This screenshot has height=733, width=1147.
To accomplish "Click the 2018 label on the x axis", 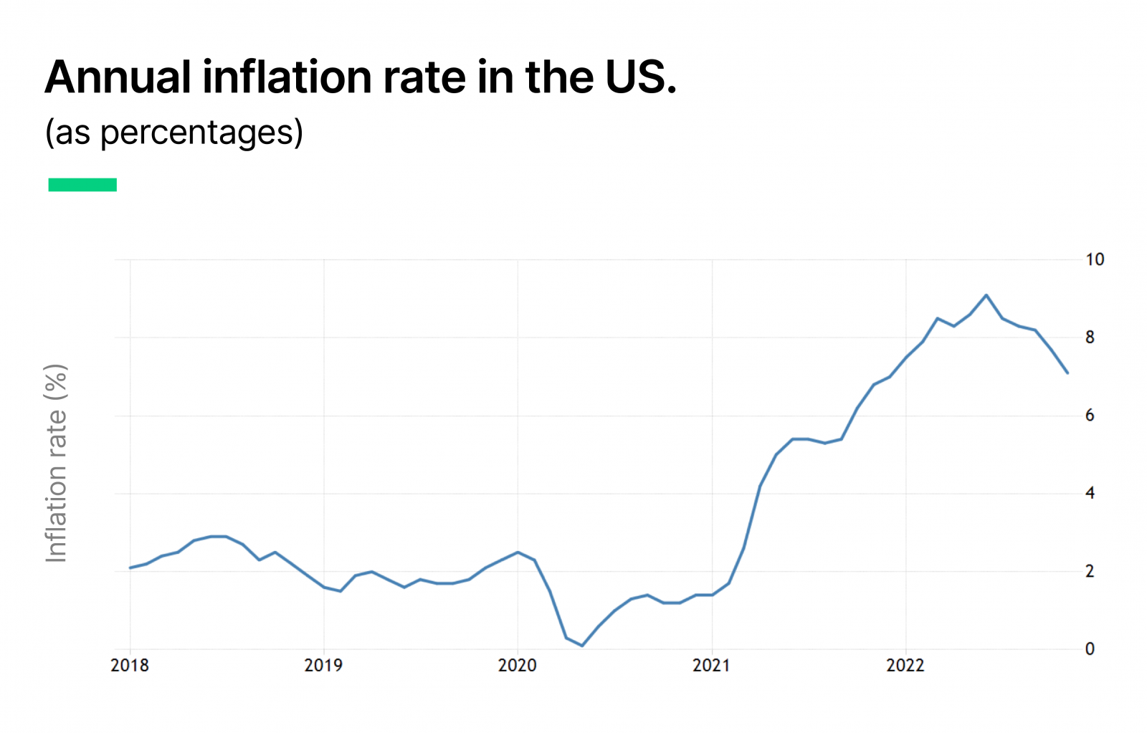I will tap(130, 666).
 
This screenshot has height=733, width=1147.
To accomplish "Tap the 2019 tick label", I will tap(323, 666).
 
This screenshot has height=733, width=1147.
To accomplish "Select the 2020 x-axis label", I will tap(518, 666).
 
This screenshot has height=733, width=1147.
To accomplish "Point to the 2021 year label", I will tap(711, 666).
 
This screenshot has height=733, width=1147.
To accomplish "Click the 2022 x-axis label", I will tap(905, 666).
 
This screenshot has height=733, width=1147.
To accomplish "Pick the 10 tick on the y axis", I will tap(1095, 259).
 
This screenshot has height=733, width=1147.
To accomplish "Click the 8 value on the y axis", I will tap(1090, 337).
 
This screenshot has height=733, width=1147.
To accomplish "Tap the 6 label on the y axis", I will tap(1090, 416).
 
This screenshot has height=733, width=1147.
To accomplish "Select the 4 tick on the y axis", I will tap(1090, 493).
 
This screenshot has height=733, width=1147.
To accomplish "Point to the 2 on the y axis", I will tap(1090, 571).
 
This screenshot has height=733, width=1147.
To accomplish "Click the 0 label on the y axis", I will tap(1090, 649).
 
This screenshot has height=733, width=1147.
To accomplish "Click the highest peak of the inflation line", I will tap(986, 294).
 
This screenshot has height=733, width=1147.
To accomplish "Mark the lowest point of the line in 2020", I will tap(582, 646).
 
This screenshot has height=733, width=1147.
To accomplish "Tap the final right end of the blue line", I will tap(1067, 373).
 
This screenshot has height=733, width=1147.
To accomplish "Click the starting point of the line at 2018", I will tap(130, 567).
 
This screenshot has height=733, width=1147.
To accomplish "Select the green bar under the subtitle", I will tap(82, 185).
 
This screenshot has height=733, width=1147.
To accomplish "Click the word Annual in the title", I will tap(118, 77).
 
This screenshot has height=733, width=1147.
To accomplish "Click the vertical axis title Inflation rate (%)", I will tap(56, 463).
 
